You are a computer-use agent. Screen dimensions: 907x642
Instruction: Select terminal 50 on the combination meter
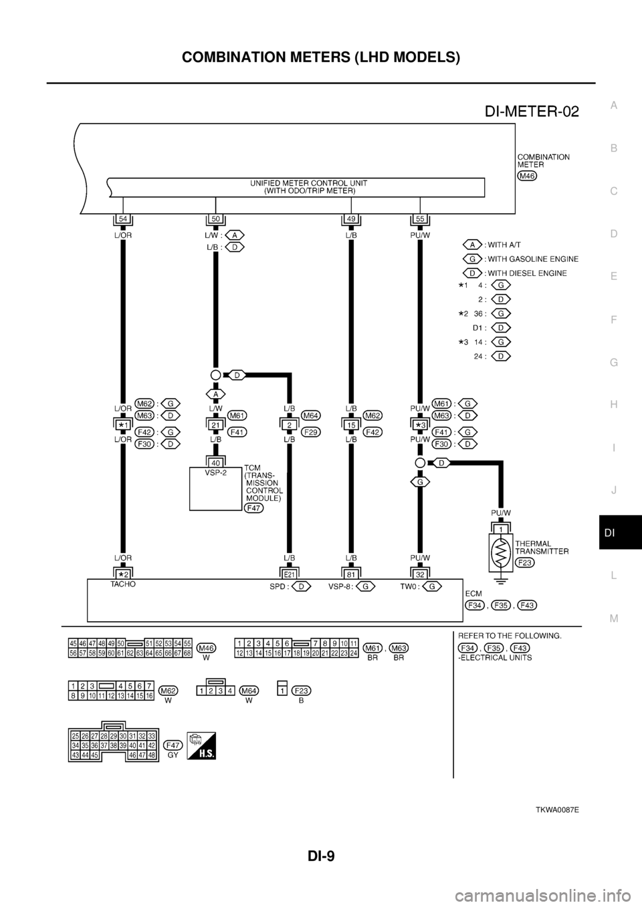(215, 218)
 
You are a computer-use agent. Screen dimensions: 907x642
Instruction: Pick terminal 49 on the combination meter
(350, 218)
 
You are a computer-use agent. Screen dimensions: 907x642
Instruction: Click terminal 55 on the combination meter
(419, 218)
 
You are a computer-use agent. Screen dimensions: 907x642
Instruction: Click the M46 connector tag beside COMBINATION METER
(528, 175)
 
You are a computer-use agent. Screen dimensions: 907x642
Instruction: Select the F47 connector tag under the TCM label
(254, 508)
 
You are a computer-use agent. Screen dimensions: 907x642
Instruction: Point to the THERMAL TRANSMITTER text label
(542, 548)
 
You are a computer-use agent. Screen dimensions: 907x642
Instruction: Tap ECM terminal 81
(350, 572)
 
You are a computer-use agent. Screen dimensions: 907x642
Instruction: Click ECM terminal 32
(419, 572)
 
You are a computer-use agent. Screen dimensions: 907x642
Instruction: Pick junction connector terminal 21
(215, 424)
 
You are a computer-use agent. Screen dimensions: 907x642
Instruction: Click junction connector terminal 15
(350, 424)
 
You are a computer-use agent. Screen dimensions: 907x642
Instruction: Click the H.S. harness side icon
(201, 747)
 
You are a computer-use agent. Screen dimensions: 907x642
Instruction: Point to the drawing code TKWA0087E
(556, 809)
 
